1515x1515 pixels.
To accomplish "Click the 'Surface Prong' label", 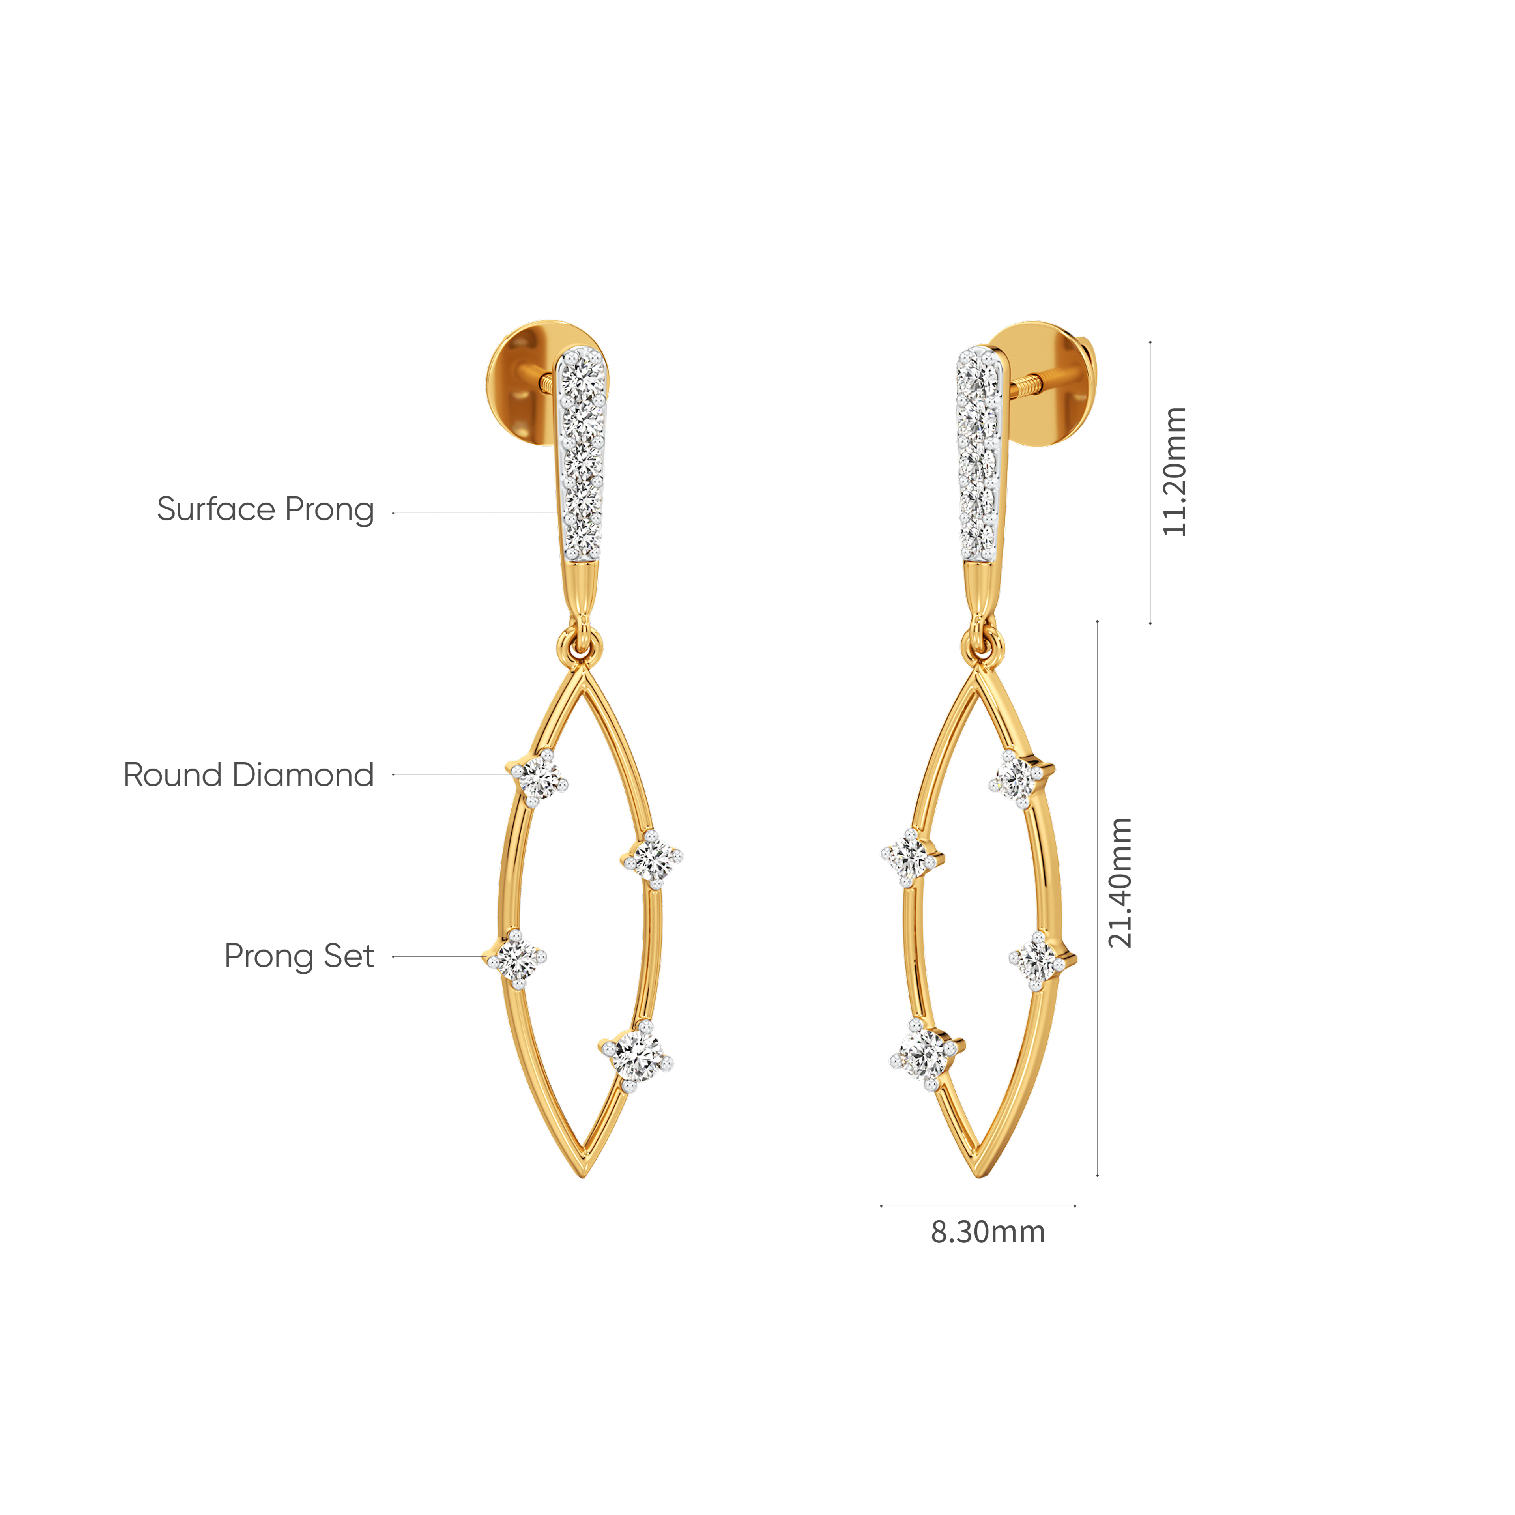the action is (265, 510).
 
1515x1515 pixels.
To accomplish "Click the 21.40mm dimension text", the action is (1120, 882).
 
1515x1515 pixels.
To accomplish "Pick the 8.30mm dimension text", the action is (987, 1232).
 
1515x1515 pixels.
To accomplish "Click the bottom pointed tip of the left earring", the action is (583, 1174).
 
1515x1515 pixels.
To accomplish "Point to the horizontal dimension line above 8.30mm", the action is (978, 1205).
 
